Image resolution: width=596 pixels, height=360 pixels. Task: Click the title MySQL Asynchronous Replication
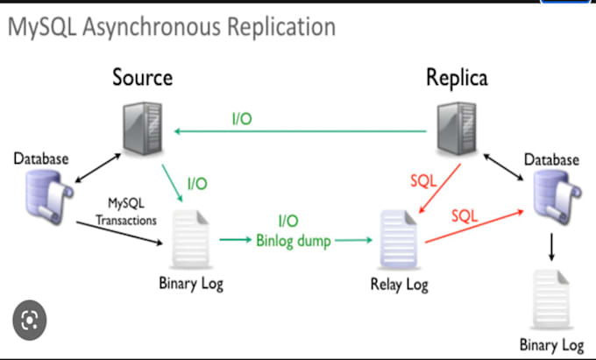(172, 27)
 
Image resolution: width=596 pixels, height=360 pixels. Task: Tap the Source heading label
(142, 77)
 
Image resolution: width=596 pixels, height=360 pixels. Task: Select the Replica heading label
(456, 77)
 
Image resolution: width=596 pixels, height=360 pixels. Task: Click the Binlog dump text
(290, 237)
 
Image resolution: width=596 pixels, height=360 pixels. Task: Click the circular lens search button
(30, 319)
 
